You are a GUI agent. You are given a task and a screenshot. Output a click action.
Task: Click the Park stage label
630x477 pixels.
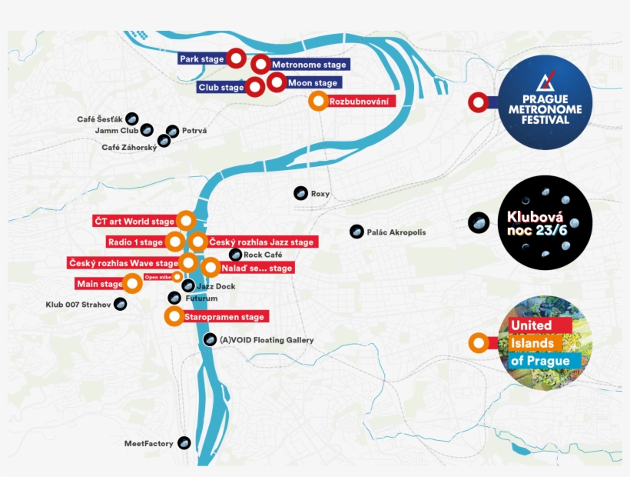201,59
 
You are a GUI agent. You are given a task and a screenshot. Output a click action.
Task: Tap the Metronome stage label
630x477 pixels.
308,65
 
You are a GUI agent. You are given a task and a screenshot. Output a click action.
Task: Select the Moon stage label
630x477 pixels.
313,83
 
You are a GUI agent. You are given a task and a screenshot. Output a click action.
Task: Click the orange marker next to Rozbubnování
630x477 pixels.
318,101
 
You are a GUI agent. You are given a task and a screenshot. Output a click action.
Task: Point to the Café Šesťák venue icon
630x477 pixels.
132,119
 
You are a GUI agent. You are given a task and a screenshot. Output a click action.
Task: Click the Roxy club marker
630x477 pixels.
300,193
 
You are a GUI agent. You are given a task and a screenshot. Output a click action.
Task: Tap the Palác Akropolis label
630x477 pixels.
396,232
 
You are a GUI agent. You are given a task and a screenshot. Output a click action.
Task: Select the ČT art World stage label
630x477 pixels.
134,222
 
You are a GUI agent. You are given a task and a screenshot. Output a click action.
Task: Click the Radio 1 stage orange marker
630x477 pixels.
174,242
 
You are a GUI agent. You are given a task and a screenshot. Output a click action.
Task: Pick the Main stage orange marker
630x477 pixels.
133,284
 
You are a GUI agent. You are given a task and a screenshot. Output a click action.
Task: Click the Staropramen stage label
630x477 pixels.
224,317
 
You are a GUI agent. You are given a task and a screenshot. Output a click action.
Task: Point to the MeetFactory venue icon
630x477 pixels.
184,443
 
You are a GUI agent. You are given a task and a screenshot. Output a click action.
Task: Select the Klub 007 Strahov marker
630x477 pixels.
120,305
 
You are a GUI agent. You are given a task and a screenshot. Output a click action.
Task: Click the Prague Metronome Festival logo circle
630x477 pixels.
545,102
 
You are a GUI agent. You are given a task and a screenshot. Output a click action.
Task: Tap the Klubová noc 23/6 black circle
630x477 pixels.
545,222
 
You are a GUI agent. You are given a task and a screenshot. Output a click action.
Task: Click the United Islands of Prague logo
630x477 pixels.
545,342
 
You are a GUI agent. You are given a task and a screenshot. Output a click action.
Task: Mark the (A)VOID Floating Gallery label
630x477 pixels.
266,340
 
